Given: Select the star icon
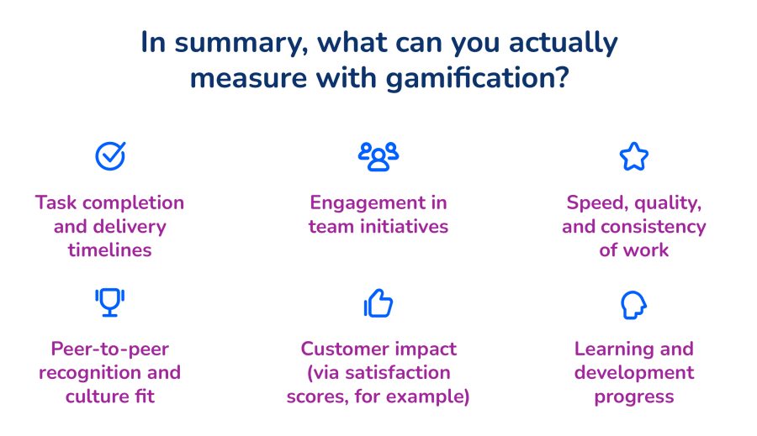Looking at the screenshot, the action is pos(634,156).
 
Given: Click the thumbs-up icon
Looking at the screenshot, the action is pos(378,303).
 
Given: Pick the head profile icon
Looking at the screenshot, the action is pos(633,305).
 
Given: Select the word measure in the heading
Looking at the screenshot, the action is pos(248,79).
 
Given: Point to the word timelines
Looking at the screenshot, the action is pos(109,250).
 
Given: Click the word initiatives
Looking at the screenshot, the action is pos(405,226).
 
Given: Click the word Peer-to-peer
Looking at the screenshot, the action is pos(109,349).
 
